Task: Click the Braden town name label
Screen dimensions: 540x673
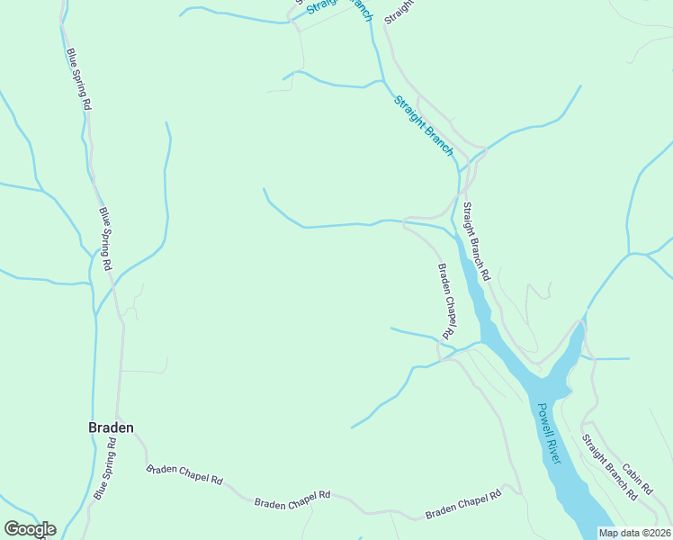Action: (111, 427)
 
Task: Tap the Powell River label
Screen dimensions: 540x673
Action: (549, 433)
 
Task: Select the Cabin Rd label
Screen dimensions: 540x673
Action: (636, 473)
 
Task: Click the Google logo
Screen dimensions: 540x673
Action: (30, 529)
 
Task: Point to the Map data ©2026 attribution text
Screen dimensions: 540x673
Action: (634, 533)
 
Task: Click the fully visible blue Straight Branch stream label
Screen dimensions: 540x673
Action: (424, 125)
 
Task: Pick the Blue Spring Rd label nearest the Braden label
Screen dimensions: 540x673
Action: (106, 469)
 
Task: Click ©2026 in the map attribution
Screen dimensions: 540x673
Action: (654, 533)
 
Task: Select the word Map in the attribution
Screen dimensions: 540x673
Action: (609, 533)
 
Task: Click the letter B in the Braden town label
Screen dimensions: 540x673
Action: (93, 427)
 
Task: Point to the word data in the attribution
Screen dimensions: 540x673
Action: (630, 533)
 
